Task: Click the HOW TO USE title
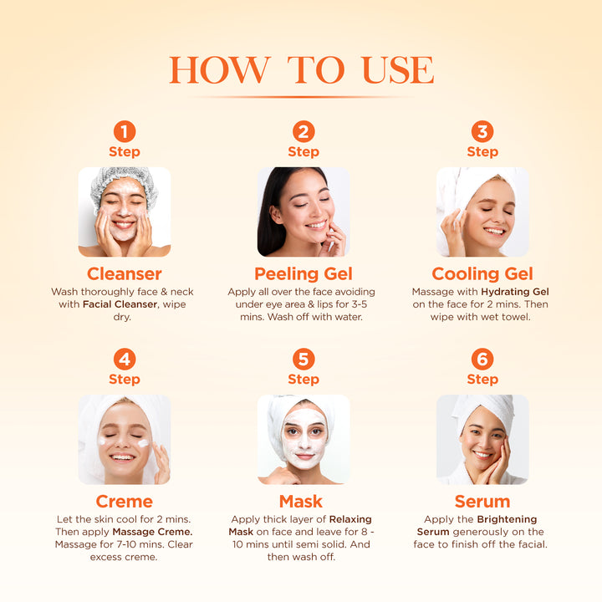pos(301,70)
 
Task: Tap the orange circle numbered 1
pos(124,131)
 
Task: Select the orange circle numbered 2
pos(304,131)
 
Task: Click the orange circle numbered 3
pos(482,131)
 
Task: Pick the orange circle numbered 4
pos(124,359)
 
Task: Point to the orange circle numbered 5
pos(304,359)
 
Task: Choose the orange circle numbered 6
pos(482,359)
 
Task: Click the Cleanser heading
pos(124,274)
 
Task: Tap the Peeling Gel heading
pos(304,274)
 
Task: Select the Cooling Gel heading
pos(482,274)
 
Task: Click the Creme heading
pos(124,502)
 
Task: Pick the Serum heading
pos(482,502)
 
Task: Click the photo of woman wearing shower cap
pos(124,212)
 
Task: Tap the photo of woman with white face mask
pos(304,439)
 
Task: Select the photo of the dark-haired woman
pos(304,212)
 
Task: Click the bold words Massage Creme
pos(153,532)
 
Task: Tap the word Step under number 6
pos(482,380)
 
